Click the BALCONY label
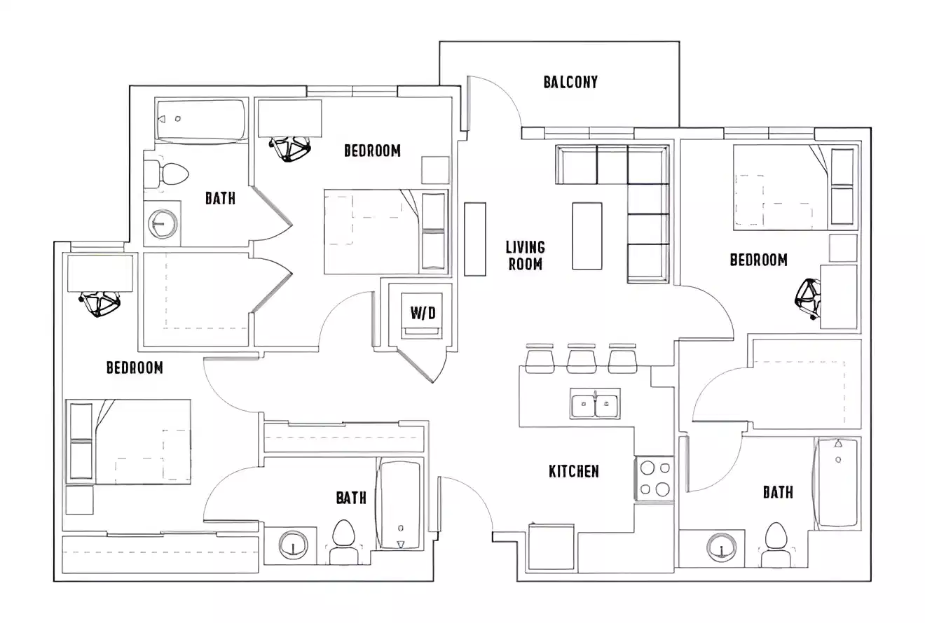point(570,82)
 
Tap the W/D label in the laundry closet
point(423,313)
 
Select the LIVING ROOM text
point(525,255)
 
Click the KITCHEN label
point(573,471)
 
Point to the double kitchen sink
point(594,405)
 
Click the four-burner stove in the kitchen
point(655,479)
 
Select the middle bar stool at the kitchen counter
point(581,360)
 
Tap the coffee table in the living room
point(587,236)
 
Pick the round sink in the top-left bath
point(162,223)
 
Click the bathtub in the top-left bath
point(201,120)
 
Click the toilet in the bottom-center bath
point(343,540)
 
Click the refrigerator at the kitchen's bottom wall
point(551,547)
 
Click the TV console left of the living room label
point(474,239)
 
